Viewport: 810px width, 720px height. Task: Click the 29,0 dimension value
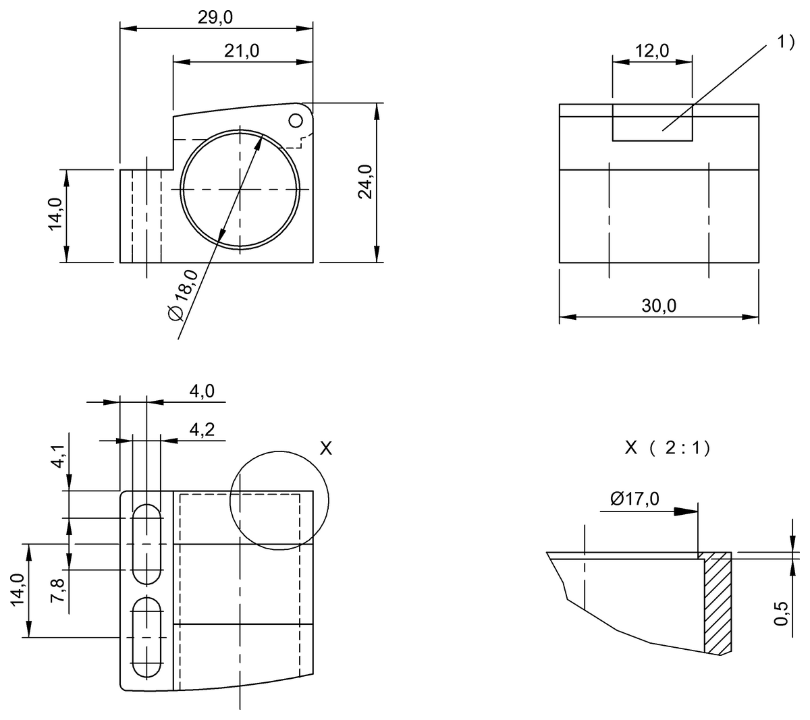click(x=215, y=18)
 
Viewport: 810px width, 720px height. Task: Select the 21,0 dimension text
click(x=242, y=51)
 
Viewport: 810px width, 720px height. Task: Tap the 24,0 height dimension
click(x=365, y=182)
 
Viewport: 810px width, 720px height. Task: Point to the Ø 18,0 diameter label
click(x=183, y=295)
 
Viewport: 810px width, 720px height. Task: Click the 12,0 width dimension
click(x=651, y=51)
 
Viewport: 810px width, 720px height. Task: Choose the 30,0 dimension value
click(x=659, y=306)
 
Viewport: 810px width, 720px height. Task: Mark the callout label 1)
click(x=786, y=42)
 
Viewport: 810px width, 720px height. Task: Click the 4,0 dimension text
click(x=202, y=391)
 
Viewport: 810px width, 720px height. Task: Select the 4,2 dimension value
click(x=202, y=430)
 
